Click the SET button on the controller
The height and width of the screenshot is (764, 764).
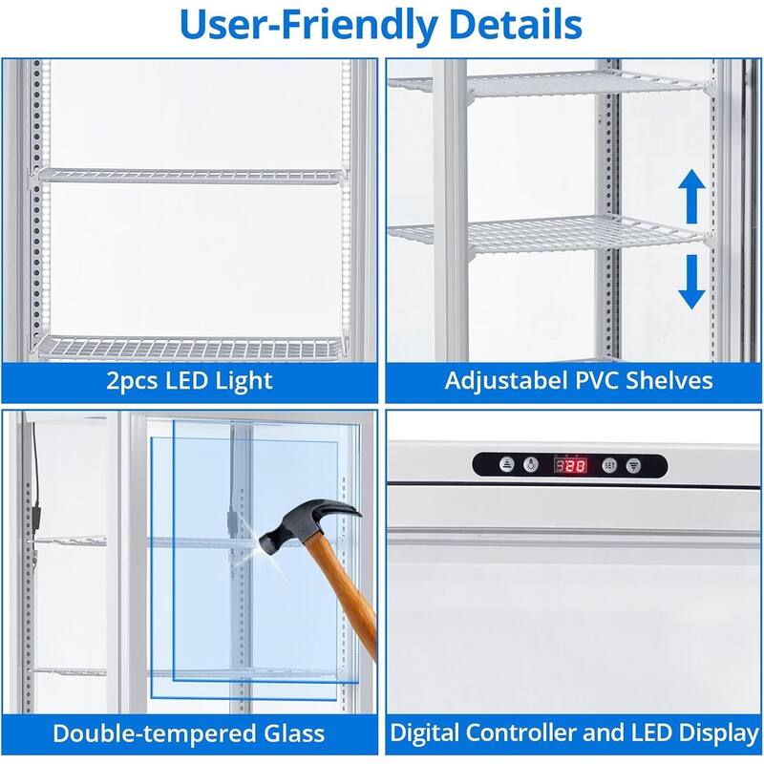coord(609,466)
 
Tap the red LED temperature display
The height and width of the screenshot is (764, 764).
coord(572,466)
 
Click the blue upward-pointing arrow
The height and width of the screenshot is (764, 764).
coord(692,198)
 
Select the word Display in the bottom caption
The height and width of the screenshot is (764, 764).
coord(712,734)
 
